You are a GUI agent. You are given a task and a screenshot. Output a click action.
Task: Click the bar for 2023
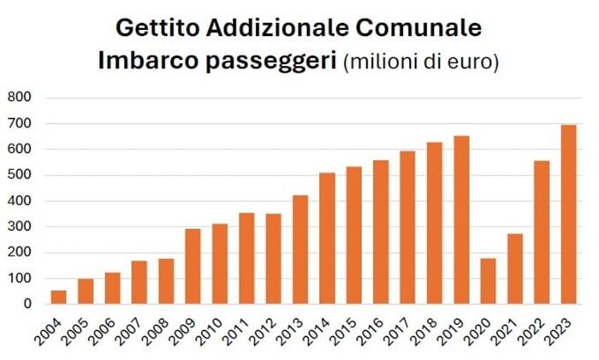[568, 215]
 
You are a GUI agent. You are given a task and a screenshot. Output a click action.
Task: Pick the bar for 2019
[461, 220]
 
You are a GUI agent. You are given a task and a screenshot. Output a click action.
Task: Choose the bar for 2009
[193, 266]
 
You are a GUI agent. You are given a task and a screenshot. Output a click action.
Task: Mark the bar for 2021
[515, 269]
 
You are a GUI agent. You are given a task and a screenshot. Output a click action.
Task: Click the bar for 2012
[273, 259]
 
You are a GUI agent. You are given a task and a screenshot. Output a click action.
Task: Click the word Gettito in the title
[157, 28]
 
